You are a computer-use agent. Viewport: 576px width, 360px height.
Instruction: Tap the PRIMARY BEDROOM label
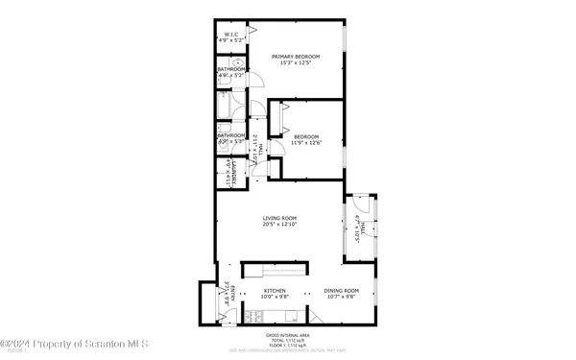pos(295,57)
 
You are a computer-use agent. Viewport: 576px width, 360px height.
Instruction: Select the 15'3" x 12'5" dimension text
pos(295,63)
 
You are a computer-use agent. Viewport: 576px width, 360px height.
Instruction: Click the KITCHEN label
pos(276,290)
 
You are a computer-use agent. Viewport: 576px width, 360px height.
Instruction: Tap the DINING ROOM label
pos(341,290)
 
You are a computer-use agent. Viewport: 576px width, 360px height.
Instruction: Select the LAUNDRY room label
pos(225,175)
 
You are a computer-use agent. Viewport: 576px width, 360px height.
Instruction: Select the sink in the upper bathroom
pos(236,86)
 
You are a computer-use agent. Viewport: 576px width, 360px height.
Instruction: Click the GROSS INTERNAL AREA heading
pos(288,335)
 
